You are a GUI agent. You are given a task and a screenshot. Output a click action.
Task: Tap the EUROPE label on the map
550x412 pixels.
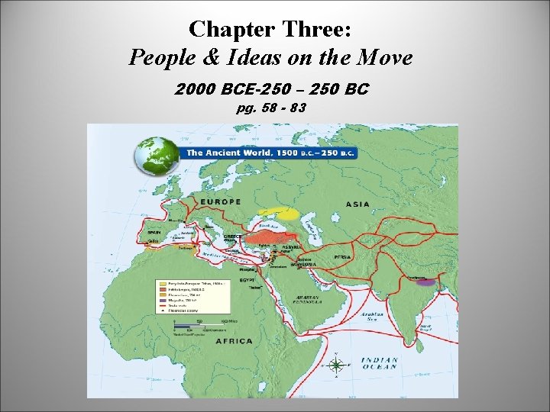pyautogui.click(x=220, y=202)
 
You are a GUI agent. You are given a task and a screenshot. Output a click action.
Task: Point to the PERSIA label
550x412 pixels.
pyautogui.click(x=342, y=257)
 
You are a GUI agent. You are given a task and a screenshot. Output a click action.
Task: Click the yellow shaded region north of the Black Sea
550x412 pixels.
pyautogui.click(x=279, y=213)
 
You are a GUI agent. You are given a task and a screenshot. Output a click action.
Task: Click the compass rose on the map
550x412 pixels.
pyautogui.click(x=336, y=365)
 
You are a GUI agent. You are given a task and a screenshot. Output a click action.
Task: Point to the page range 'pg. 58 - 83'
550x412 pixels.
pyautogui.click(x=271, y=108)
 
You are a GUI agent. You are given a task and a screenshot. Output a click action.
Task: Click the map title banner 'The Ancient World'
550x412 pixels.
pyautogui.click(x=269, y=153)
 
